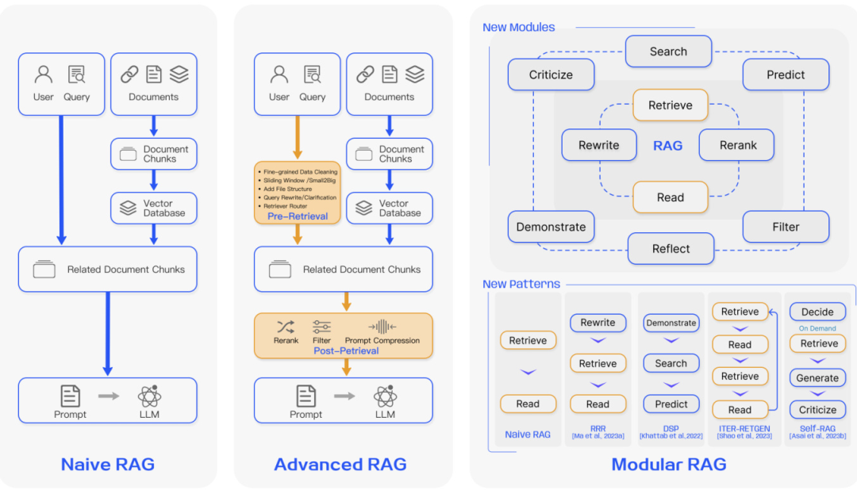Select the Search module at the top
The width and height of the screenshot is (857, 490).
(668, 52)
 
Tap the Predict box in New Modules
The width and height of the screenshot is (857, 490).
(786, 75)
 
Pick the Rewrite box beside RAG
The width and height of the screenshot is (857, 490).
(599, 145)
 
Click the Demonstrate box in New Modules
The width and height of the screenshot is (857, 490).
(551, 227)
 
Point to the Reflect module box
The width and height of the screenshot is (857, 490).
(671, 248)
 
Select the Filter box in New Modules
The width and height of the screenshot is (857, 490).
(786, 227)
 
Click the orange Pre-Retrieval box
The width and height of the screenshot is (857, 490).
(298, 193)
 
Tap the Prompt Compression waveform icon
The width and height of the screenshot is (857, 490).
(382, 327)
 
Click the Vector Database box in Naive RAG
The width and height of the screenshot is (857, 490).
(154, 208)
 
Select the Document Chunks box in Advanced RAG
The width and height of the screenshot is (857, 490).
(390, 154)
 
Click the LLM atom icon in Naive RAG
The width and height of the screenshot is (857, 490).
(149, 396)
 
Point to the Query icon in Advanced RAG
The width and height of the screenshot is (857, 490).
(313, 75)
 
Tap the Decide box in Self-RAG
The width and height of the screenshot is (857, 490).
(817, 312)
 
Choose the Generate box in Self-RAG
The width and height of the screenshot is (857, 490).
(817, 377)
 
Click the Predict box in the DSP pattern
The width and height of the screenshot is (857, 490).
(671, 404)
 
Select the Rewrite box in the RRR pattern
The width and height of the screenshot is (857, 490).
(598, 323)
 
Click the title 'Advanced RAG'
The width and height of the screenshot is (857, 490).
(340, 465)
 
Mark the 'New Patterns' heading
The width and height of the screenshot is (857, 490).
(521, 284)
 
